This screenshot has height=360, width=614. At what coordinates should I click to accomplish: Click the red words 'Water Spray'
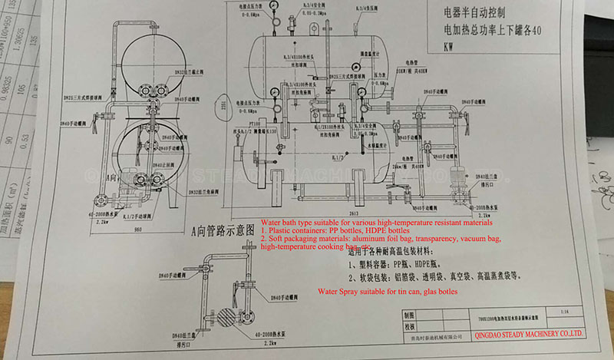click(342, 292)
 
